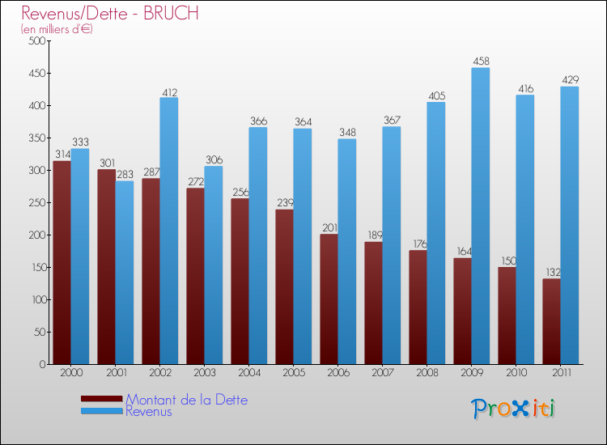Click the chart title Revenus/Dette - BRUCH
tap(109, 14)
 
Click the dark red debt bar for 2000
tap(62, 263)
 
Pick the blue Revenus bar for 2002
tap(169, 231)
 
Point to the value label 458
tap(481, 61)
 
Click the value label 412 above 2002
tap(169, 91)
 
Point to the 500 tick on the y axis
tap(35, 40)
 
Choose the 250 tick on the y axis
tap(35, 202)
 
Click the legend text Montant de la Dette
tap(186, 400)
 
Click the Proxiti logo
tap(513, 408)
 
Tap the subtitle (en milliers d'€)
tap(57, 29)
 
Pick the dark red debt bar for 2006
tap(329, 299)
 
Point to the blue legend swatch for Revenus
tap(102, 411)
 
